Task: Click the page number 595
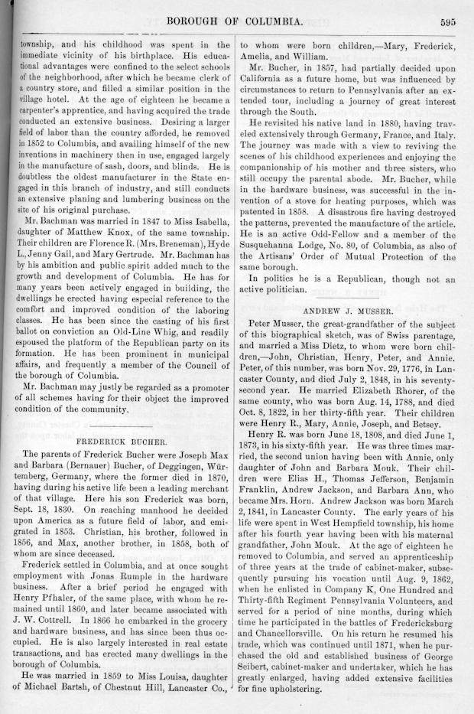(x=447, y=22)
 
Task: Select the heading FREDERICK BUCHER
(x=122, y=442)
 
